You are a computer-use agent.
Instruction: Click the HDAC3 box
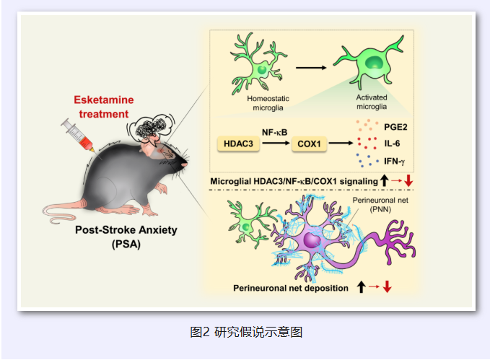pyautogui.click(x=238, y=144)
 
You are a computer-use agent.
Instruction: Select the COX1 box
pyautogui.click(x=308, y=144)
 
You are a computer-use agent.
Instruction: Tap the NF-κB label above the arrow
pyautogui.click(x=274, y=131)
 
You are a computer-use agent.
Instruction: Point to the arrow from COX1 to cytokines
pyautogui.click(x=344, y=144)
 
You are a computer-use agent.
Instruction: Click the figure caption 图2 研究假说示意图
pyautogui.click(x=245, y=332)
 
